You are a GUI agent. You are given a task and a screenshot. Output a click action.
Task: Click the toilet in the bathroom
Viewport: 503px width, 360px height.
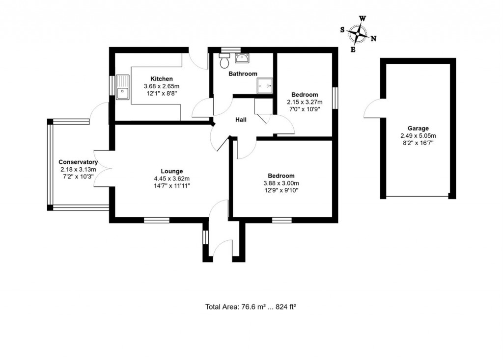(224, 62)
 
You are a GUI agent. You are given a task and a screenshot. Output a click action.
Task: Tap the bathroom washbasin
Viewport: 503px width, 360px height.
(242, 59)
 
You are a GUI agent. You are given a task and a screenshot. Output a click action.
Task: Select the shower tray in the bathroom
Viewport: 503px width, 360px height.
(264, 86)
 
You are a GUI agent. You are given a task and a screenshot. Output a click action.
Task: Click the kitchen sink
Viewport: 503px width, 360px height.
(123, 87)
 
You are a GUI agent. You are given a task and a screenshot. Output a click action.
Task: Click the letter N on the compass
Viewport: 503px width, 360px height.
(373, 39)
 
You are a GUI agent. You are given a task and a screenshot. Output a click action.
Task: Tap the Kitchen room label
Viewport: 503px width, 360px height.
(162, 79)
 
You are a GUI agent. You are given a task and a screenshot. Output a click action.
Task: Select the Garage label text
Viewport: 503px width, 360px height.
(418, 129)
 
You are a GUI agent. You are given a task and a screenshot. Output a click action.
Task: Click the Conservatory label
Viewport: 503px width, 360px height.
(78, 162)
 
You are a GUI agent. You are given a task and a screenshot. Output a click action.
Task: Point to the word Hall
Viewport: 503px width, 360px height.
(241, 120)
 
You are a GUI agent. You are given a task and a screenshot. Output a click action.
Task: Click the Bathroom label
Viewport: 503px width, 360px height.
(243, 74)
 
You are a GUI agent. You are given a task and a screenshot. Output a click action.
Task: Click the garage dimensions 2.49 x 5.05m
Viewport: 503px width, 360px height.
(418, 136)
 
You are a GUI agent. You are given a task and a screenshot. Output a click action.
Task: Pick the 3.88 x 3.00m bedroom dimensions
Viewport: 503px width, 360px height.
(281, 183)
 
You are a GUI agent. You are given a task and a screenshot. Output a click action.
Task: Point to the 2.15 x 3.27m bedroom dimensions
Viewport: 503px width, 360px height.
(305, 102)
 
